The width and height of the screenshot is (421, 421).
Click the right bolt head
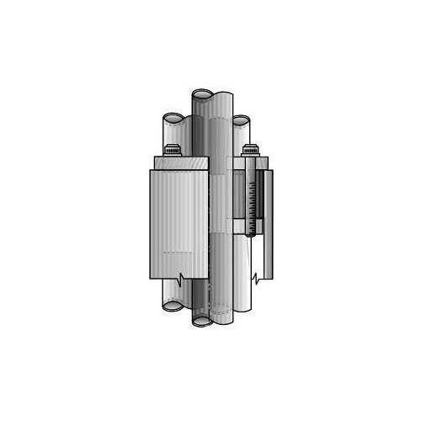point(250,151)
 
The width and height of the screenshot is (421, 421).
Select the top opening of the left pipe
point(172,119)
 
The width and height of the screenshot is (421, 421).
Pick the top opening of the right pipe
point(241,120)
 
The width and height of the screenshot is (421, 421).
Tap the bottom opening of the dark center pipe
point(203,321)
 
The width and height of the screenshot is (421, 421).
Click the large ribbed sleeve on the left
point(178,223)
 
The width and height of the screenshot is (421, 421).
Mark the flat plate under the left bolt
point(180,163)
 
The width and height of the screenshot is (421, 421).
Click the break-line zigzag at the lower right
point(256,278)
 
